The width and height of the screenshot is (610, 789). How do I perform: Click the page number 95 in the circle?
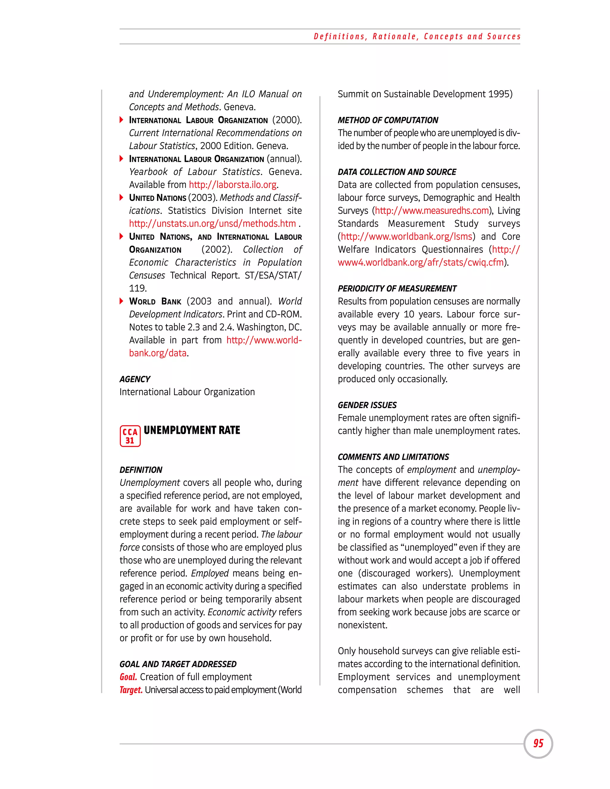click(538, 743)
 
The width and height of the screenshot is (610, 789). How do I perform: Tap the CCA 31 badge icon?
click(130, 436)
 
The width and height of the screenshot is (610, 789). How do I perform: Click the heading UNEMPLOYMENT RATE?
click(192, 430)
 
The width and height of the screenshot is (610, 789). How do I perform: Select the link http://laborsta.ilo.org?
click(233, 185)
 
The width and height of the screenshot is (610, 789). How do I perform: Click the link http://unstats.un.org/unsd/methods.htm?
click(212, 224)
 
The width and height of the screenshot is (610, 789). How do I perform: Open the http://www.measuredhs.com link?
click(432, 210)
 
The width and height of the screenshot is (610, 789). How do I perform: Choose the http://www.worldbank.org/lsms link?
click(407, 237)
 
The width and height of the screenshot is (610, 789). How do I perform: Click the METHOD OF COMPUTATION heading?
click(388, 120)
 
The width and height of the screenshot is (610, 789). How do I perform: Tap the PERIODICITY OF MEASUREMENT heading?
click(397, 289)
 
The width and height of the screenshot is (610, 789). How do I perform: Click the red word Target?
click(131, 690)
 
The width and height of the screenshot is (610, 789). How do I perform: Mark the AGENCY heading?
click(135, 379)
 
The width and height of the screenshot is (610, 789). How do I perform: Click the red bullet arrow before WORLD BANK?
click(122, 301)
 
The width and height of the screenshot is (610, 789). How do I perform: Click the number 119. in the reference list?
click(138, 288)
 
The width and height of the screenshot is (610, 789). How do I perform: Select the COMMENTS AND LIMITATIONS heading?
click(393, 457)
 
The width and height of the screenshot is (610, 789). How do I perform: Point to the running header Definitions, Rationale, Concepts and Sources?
click(417, 37)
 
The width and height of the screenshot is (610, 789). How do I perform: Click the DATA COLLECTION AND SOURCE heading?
click(397, 172)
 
